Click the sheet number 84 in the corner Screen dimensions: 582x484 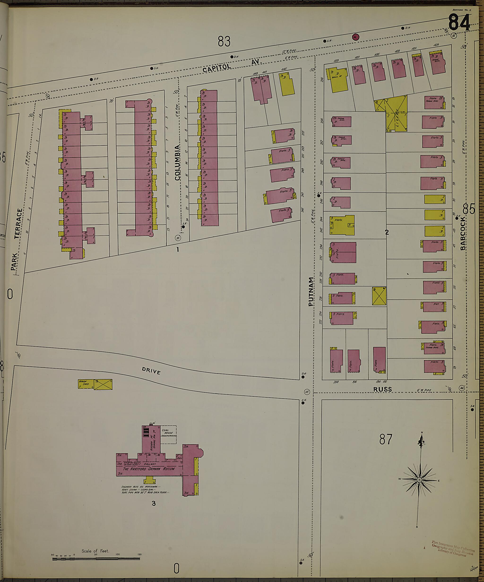pyautogui.click(x=459, y=23)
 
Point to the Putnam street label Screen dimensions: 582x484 pyautogui.click(x=311, y=291)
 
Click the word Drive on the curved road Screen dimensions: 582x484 pyautogui.click(x=151, y=370)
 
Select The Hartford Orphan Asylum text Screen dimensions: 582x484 pyautogui.click(x=149, y=469)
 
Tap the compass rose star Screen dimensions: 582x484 pyautogui.click(x=419, y=480)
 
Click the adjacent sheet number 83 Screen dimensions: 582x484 pyautogui.click(x=224, y=42)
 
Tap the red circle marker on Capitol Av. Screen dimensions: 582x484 pyautogui.click(x=355, y=37)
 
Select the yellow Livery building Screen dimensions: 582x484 pyautogui.click(x=396, y=114)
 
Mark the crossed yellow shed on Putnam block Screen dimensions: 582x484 pyautogui.click(x=379, y=296)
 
